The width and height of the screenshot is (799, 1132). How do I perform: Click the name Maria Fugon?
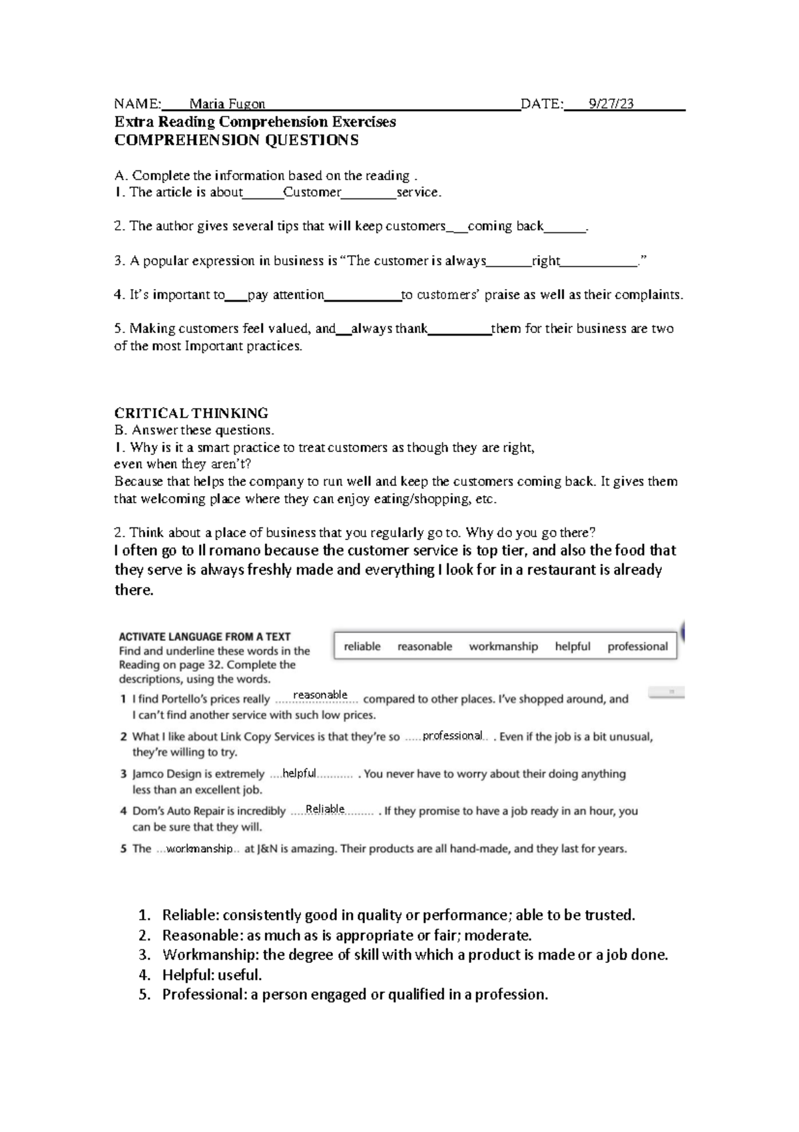(227, 104)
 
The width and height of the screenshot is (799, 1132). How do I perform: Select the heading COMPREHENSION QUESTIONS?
(236, 140)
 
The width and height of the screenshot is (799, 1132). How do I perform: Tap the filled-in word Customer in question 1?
(312, 192)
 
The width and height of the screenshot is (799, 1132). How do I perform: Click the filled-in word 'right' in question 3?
(545, 261)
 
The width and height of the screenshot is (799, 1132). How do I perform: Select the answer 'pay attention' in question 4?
(286, 295)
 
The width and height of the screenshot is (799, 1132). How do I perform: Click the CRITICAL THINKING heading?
(191, 413)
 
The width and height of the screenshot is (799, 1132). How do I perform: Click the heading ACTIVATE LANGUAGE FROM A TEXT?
(204, 637)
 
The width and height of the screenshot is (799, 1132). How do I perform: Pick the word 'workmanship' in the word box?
(503, 647)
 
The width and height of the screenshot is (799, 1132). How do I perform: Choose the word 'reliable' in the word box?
(362, 647)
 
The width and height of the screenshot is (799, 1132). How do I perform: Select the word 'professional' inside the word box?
(637, 647)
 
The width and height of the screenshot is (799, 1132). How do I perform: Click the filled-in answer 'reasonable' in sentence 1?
(320, 695)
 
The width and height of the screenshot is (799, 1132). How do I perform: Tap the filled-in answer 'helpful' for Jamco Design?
(299, 774)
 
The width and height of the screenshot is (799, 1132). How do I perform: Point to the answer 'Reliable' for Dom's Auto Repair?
(325, 809)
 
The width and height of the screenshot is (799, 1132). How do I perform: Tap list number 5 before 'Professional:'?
(144, 995)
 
